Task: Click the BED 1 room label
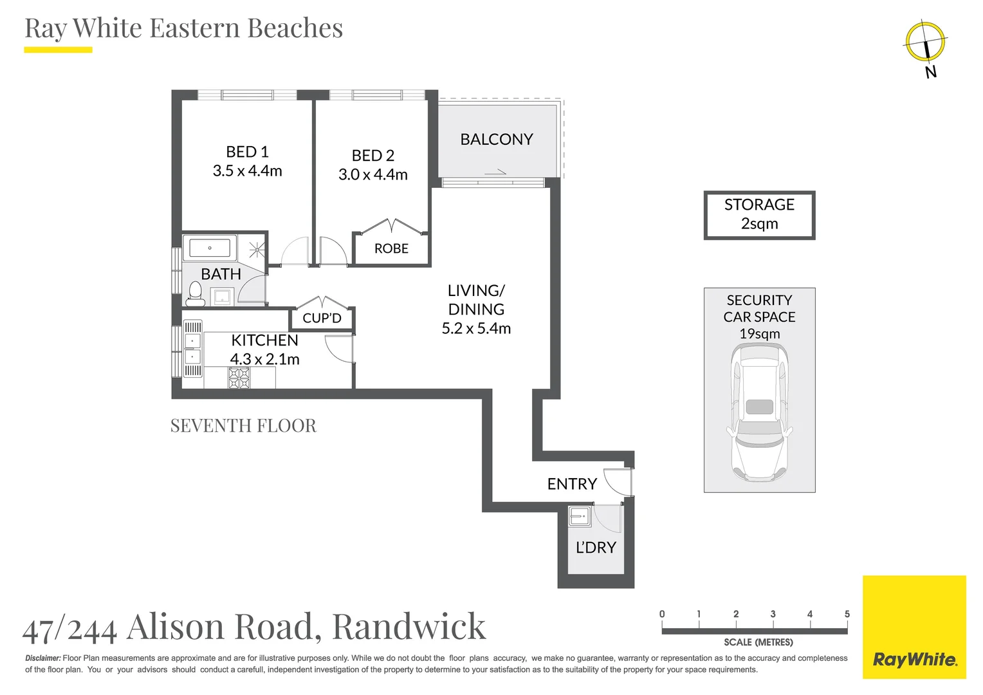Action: (x=247, y=152)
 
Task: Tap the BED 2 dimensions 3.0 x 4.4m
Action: (x=373, y=174)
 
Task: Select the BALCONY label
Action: (x=497, y=139)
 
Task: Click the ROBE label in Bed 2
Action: (x=391, y=248)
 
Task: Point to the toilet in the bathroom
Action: (x=195, y=293)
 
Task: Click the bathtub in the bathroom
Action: (x=210, y=248)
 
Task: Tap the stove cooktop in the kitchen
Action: (x=239, y=377)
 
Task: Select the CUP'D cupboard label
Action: (x=322, y=318)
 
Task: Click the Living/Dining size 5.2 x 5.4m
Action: (x=476, y=328)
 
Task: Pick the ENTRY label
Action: (x=572, y=484)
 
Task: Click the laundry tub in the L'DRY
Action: (x=580, y=516)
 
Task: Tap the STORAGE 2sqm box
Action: (x=759, y=215)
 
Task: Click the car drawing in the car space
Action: (x=759, y=412)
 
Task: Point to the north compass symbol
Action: (x=926, y=42)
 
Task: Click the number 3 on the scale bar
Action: (x=773, y=614)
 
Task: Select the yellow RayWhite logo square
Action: (x=914, y=627)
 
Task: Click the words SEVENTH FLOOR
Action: (x=243, y=426)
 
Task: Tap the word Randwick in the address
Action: (x=409, y=626)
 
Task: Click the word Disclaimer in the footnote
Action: (x=42, y=658)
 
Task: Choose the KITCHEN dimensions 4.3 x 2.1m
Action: (x=265, y=359)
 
